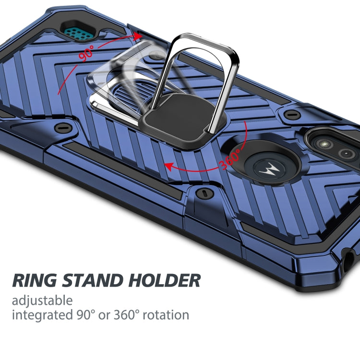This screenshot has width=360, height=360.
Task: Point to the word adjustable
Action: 42,301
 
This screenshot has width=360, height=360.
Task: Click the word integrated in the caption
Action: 40,315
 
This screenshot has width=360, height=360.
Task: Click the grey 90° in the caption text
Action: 82,315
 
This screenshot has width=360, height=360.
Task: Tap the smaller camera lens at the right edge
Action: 347,154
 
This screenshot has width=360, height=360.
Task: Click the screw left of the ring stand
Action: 61,128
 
